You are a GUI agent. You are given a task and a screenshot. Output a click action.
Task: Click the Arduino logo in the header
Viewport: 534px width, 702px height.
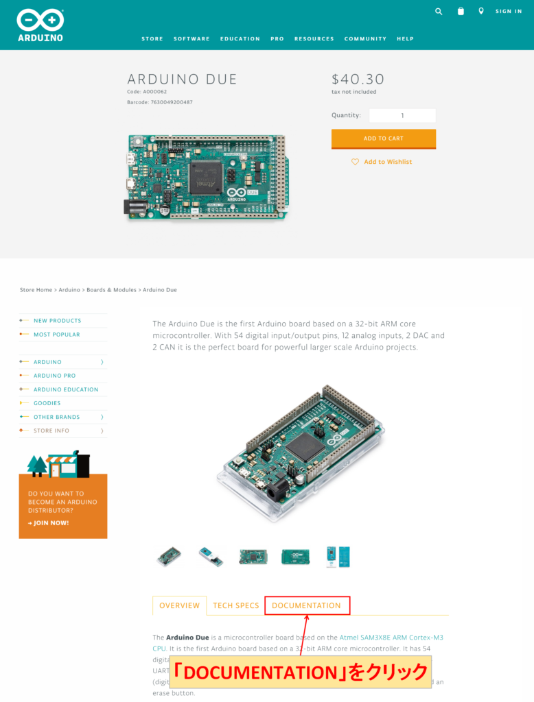(40, 25)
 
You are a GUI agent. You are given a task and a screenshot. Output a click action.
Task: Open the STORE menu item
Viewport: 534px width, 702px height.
(152, 39)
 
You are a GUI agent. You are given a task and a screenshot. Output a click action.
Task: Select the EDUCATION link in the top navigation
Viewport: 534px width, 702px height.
(240, 39)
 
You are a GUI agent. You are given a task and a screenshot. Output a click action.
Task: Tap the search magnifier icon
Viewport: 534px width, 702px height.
(439, 11)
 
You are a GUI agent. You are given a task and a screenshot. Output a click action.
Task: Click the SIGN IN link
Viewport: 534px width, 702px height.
(509, 12)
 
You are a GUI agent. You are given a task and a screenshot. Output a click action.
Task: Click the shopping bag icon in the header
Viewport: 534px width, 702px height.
(461, 11)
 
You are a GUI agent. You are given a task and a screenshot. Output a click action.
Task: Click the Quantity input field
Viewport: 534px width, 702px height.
(402, 116)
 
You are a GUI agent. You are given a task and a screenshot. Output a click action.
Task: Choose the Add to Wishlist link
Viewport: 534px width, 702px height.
(388, 162)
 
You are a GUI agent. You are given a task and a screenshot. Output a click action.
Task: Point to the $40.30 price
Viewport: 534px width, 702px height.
(358, 80)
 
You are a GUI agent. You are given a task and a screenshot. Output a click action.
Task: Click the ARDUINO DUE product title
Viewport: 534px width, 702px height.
(183, 80)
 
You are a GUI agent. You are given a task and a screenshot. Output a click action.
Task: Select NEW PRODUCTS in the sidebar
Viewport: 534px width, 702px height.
(57, 321)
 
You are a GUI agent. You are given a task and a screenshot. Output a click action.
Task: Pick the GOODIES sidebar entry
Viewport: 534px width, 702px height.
(47, 403)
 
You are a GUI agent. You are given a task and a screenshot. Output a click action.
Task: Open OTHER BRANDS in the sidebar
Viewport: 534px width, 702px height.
(57, 417)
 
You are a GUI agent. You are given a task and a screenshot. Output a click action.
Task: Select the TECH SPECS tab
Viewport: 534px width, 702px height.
(236, 606)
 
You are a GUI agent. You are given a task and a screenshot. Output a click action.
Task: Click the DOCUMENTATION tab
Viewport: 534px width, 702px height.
(306, 606)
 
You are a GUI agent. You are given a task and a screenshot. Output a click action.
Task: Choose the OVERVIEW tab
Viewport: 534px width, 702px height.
(179, 606)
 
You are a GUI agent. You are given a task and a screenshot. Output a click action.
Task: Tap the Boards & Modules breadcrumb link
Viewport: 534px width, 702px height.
(111, 290)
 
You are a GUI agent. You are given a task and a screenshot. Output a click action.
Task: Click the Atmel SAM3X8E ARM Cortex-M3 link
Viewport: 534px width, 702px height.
(391, 638)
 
